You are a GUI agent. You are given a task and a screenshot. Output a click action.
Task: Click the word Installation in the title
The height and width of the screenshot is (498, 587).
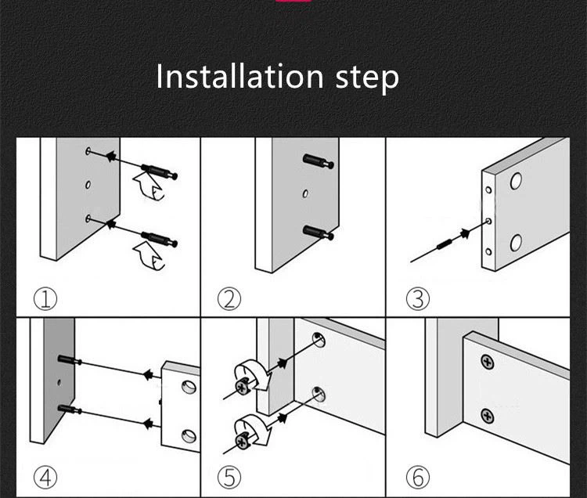tap(239, 77)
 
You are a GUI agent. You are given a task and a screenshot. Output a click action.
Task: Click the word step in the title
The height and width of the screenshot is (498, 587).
tap(367, 79)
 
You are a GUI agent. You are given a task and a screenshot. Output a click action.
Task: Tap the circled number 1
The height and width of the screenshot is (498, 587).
tap(45, 299)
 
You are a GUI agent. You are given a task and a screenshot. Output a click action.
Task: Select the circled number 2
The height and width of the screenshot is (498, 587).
tap(229, 299)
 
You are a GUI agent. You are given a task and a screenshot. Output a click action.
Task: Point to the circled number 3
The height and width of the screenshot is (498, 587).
tap(418, 299)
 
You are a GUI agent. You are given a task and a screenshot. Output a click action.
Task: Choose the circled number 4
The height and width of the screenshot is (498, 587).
tap(45, 477)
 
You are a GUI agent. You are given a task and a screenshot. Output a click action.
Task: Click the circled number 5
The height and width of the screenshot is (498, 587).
tap(229, 477)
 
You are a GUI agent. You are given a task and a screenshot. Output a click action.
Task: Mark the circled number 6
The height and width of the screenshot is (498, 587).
tap(418, 477)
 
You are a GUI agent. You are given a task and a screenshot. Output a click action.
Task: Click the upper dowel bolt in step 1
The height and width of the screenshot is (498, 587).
tap(159, 171)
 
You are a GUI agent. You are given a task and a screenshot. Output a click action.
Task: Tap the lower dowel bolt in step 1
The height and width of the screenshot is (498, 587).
tap(159, 239)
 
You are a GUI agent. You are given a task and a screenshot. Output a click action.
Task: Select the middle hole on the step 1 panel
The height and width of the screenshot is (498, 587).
tap(88, 185)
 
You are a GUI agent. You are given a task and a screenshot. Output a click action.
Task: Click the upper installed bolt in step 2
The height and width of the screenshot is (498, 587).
tap(319, 161)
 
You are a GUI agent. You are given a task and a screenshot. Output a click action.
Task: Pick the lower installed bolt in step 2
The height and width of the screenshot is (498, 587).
tap(319, 233)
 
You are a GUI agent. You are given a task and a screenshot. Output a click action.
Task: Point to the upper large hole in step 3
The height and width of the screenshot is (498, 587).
tap(516, 181)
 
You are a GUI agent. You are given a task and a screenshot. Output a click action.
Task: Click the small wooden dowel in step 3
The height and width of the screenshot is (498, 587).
tap(444, 245)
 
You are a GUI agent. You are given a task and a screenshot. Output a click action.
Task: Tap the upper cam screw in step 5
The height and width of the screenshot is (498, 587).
tap(243, 386)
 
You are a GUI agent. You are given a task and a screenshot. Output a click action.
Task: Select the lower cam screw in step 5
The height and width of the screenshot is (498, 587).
tap(243, 441)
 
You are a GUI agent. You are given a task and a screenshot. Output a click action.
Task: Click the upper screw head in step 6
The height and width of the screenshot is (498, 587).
tap(487, 362)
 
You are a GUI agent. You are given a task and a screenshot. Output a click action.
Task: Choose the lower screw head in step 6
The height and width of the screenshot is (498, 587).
tap(487, 417)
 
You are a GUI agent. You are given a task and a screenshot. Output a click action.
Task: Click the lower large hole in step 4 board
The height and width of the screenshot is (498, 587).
tap(189, 436)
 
